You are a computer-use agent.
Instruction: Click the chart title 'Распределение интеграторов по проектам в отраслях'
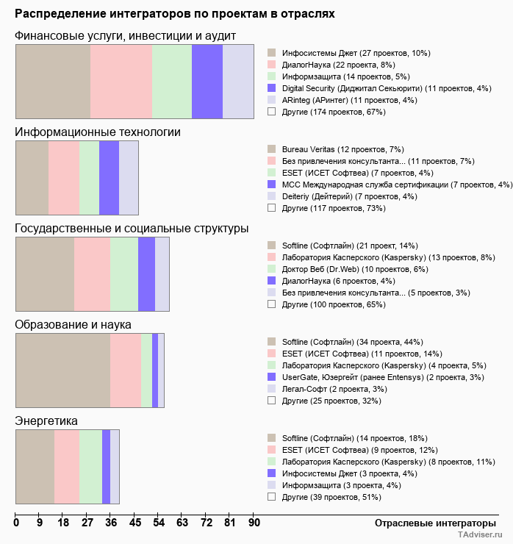pos(174,14)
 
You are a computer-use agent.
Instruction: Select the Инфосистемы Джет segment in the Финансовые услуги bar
pos(53,81)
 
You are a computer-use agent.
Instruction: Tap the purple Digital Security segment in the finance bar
pos(207,81)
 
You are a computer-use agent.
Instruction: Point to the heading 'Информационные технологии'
pos(98,132)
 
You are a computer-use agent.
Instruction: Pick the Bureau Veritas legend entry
pos(343,149)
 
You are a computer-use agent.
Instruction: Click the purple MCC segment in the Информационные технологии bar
pos(109,177)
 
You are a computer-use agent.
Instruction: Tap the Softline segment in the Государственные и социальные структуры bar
pos(45,273)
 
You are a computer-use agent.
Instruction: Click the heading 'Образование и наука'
pos(73,324)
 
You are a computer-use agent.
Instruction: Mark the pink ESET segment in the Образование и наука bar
pos(125,370)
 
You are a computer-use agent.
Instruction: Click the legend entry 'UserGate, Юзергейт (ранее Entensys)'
pos(383,377)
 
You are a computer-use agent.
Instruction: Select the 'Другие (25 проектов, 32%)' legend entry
pos(331,401)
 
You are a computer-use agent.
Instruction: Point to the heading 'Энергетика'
pos(46,420)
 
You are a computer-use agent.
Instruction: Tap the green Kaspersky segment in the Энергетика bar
pos(90,466)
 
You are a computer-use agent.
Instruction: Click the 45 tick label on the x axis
pos(135,523)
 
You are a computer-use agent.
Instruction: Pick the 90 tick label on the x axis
pos(254,523)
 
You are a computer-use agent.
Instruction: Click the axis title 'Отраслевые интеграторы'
pos(430,523)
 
